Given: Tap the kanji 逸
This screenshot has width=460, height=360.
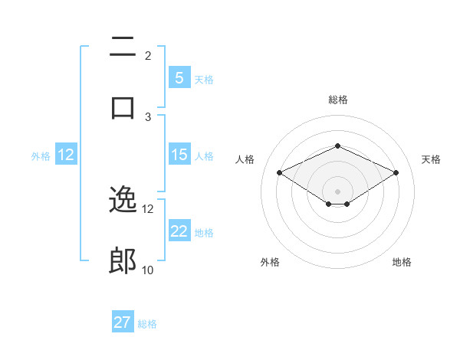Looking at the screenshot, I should point(123,201).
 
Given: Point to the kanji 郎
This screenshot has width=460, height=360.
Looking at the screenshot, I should point(123,261).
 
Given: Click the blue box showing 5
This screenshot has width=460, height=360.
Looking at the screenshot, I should point(179,78).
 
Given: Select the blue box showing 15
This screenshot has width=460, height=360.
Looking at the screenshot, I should point(179,155).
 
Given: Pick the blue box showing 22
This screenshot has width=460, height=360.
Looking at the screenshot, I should point(179,231).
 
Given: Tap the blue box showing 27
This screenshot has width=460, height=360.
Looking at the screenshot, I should point(123,322).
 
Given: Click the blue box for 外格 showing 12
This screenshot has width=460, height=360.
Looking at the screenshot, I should point(66,155).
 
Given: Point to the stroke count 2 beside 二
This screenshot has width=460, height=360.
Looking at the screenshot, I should point(148,56).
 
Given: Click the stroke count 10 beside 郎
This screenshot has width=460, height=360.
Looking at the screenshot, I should point(147,270).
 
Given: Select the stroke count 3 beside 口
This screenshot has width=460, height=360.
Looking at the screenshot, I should point(148,116).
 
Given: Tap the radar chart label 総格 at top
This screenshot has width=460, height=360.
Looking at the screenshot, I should point(337,100).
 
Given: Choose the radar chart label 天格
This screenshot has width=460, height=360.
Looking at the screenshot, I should point(431,159).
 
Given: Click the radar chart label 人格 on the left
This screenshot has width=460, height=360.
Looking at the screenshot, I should point(245,159).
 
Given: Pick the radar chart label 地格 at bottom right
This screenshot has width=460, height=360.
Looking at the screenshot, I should point(402,263).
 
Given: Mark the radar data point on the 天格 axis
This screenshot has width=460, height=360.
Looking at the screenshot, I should point(396,172).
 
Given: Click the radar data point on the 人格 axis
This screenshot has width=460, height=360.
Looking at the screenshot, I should point(279,172).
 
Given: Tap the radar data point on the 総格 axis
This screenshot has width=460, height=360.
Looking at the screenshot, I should point(337,146).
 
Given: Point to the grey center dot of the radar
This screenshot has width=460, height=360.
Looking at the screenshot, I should point(337,191).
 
